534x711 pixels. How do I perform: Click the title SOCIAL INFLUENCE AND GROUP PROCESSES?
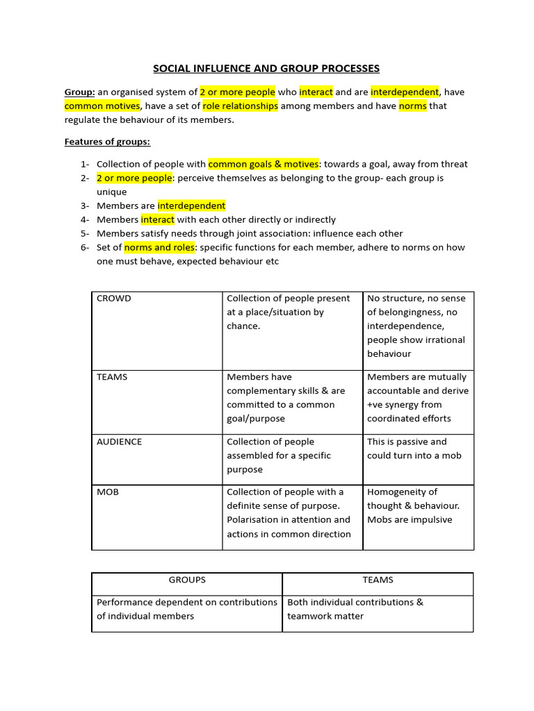(266, 68)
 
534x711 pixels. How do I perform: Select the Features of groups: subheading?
(107, 142)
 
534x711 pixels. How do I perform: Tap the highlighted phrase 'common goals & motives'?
(264, 164)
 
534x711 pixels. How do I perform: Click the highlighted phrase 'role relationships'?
(240, 106)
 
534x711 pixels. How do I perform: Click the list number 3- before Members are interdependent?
(85, 206)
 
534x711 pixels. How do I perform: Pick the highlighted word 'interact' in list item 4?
(158, 219)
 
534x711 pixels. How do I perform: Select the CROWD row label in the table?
(114, 299)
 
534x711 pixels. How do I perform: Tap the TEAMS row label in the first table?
(112, 377)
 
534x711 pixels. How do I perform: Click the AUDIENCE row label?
(119, 442)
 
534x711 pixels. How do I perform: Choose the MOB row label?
(108, 492)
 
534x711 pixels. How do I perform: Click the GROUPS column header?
(187, 580)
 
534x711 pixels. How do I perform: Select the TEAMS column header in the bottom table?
(378, 580)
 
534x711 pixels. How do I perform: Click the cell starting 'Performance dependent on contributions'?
(186, 609)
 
